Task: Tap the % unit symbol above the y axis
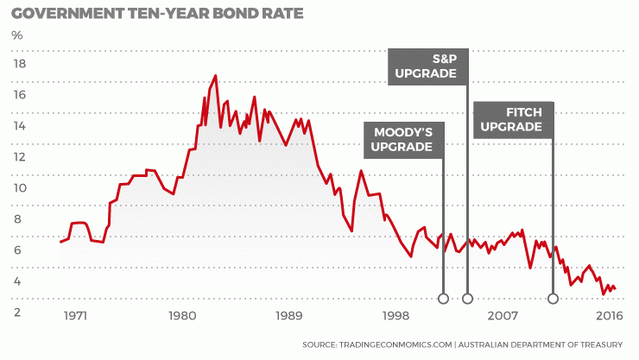point(17,35)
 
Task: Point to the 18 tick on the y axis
point(19,64)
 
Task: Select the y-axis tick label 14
point(19,126)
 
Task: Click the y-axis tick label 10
point(19,188)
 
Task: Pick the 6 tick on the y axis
point(19,250)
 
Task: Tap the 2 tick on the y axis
point(19,313)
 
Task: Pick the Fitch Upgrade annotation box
point(512,119)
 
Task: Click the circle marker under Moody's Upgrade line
point(443,299)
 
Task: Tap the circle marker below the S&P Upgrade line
point(467,299)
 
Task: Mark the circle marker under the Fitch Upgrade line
point(553,299)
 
